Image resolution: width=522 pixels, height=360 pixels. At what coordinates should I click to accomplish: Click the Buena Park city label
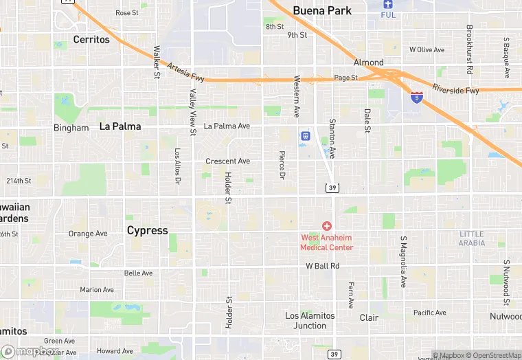click(x=322, y=10)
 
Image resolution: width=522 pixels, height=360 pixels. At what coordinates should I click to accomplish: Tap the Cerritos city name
click(x=91, y=39)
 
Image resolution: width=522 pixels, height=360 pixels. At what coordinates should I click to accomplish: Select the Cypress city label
click(x=147, y=230)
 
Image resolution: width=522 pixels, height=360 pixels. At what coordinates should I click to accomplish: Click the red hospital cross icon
click(x=326, y=225)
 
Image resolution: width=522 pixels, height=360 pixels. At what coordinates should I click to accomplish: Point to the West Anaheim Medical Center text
click(x=327, y=243)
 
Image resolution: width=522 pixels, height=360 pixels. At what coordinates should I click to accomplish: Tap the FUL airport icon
click(x=388, y=4)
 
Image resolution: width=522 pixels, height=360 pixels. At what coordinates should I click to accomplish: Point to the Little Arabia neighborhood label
click(x=472, y=238)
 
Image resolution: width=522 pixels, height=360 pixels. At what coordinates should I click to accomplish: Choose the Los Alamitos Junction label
click(x=310, y=320)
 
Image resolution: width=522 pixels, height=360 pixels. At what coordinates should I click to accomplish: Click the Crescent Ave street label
click(x=228, y=161)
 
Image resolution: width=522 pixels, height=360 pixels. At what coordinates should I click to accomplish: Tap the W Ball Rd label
click(x=323, y=266)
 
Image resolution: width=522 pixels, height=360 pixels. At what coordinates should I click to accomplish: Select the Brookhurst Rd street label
click(x=470, y=49)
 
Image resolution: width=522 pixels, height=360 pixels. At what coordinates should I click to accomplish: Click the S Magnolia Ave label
click(x=403, y=262)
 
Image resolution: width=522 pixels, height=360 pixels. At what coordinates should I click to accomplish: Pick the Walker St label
click(x=157, y=62)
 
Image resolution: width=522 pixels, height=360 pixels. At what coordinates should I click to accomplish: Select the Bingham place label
click(x=71, y=128)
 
